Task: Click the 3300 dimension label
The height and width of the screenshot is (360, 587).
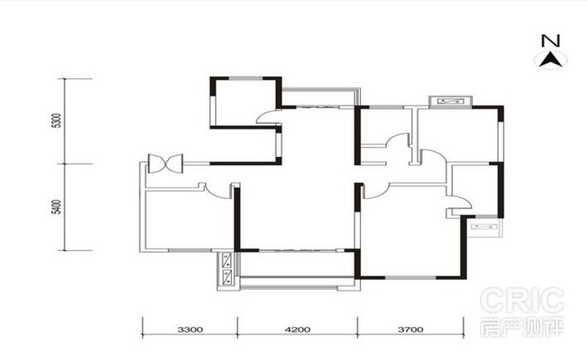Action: click(x=190, y=330)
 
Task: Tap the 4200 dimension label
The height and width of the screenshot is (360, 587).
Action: click(x=298, y=330)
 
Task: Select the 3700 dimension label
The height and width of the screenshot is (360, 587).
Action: click(x=411, y=330)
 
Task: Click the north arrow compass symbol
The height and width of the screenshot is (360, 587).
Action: click(x=551, y=60)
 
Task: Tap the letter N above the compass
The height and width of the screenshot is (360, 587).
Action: click(x=551, y=40)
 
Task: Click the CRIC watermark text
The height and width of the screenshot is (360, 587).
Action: click(x=522, y=300)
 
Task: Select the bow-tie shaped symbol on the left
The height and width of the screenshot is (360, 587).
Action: click(x=166, y=164)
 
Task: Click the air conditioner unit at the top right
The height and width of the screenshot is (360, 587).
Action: click(x=451, y=101)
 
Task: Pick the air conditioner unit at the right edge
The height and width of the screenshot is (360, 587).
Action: click(x=486, y=227)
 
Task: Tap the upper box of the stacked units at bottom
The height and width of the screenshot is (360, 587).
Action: click(x=227, y=260)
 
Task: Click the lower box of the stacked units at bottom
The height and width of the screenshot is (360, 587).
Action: click(x=227, y=277)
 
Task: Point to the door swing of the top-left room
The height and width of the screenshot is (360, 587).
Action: click(x=268, y=117)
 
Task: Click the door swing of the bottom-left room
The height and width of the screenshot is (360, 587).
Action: click(x=218, y=192)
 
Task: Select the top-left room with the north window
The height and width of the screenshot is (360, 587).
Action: click(x=246, y=103)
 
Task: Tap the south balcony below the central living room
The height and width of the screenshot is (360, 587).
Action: click(x=297, y=264)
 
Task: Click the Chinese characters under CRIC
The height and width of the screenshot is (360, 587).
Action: click(x=522, y=327)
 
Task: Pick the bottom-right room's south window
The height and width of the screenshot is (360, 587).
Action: click(x=411, y=278)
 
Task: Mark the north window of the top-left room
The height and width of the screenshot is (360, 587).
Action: click(x=246, y=78)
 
